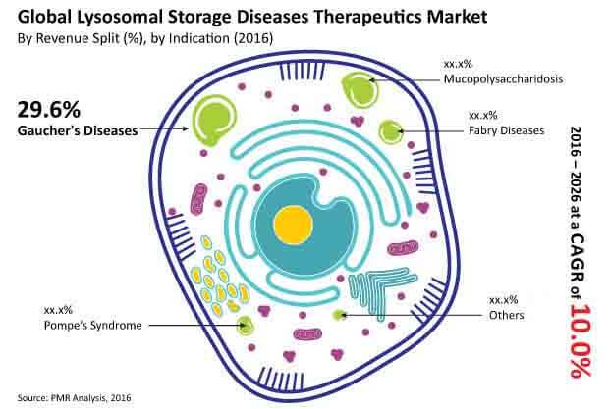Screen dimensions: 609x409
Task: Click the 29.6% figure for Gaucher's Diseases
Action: coord(49,109)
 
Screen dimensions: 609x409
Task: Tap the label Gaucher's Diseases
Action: coord(78,130)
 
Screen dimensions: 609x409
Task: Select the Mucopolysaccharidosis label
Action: coord(503,79)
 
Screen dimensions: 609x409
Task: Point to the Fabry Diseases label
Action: coord(507,130)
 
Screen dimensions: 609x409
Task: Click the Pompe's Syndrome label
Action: coord(93,325)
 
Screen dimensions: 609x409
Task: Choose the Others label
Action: coord(507,315)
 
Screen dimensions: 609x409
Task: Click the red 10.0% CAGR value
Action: coord(581,340)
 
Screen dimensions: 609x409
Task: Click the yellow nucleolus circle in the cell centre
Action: coord(294,226)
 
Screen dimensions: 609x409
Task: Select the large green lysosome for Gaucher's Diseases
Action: coord(213,120)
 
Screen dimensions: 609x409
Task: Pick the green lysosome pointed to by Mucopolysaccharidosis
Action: coord(360,89)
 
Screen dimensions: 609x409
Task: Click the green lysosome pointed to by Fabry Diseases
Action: coord(390,131)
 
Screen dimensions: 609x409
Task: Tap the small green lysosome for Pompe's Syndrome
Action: coord(246,325)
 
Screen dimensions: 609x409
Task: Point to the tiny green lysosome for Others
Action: coord(340,315)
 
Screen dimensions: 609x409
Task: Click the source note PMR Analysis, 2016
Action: coord(74,398)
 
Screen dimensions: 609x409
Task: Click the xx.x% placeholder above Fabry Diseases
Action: coord(483,115)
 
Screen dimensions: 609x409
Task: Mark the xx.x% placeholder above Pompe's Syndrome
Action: coord(58,310)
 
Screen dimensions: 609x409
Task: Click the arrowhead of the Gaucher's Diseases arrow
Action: coord(186,128)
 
